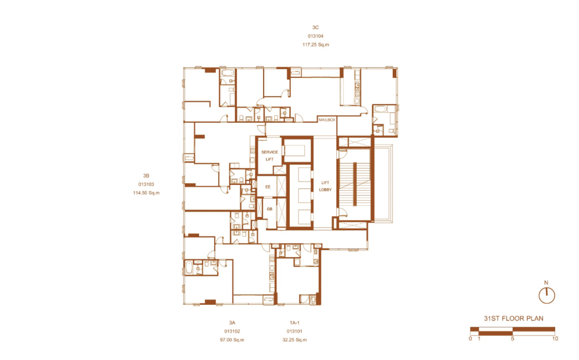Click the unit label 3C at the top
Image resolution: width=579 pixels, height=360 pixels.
tap(315, 27)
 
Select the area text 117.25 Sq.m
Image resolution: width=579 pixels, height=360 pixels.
tap(316, 45)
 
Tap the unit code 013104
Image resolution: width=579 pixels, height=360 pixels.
tap(316, 36)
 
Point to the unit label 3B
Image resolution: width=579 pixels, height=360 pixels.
tap(146, 176)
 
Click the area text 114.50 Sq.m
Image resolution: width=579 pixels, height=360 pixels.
tap(146, 193)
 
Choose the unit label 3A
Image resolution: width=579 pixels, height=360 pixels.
tap(232, 323)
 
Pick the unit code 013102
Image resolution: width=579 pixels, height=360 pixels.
tap(232, 331)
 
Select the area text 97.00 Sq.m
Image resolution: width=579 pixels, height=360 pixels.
tap(232, 340)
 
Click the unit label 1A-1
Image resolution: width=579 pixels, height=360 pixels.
tap(294, 323)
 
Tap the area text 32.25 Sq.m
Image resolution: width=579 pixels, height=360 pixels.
tap(294, 340)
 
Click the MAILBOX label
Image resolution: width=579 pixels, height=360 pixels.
tap(327, 120)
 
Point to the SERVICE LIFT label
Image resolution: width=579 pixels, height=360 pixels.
tap(269, 155)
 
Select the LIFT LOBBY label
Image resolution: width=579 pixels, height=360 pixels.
tap(325, 186)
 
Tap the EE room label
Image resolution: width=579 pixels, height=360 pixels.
tap(268, 187)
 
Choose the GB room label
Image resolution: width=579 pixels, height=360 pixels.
tap(269, 209)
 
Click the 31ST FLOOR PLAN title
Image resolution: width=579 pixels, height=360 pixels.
tap(514, 318)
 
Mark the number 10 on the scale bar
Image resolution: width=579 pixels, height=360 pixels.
tap(555, 338)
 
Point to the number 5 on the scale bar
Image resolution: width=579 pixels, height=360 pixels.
tap(513, 338)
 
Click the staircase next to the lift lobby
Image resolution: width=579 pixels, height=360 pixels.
tap(354, 184)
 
